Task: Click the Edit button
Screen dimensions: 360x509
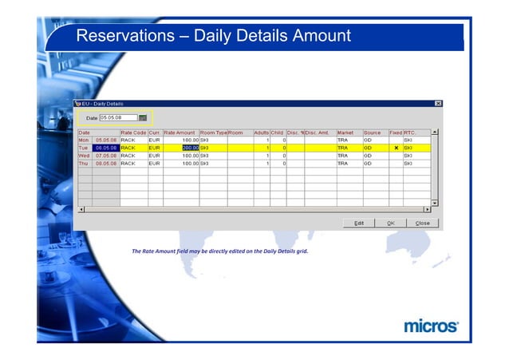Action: tap(359, 223)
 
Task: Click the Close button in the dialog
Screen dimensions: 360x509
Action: tap(422, 223)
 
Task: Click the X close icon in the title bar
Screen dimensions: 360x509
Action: tap(438, 104)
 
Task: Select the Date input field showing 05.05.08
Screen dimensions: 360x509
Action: tap(118, 117)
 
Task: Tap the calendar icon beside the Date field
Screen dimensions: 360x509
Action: tap(144, 117)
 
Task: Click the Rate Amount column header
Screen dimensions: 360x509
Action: tap(180, 133)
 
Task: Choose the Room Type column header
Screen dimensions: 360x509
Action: tap(213, 133)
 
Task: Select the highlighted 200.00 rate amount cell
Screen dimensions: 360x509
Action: tap(182, 148)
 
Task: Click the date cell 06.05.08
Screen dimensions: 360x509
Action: tap(105, 148)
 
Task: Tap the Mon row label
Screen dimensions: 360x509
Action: tap(84, 140)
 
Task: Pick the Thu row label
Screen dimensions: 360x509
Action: tap(84, 163)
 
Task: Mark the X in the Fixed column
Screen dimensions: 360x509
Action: tap(396, 148)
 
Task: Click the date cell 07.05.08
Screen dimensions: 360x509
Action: tap(105, 155)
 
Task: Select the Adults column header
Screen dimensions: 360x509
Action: tap(261, 133)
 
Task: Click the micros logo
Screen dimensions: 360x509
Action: tap(431, 326)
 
